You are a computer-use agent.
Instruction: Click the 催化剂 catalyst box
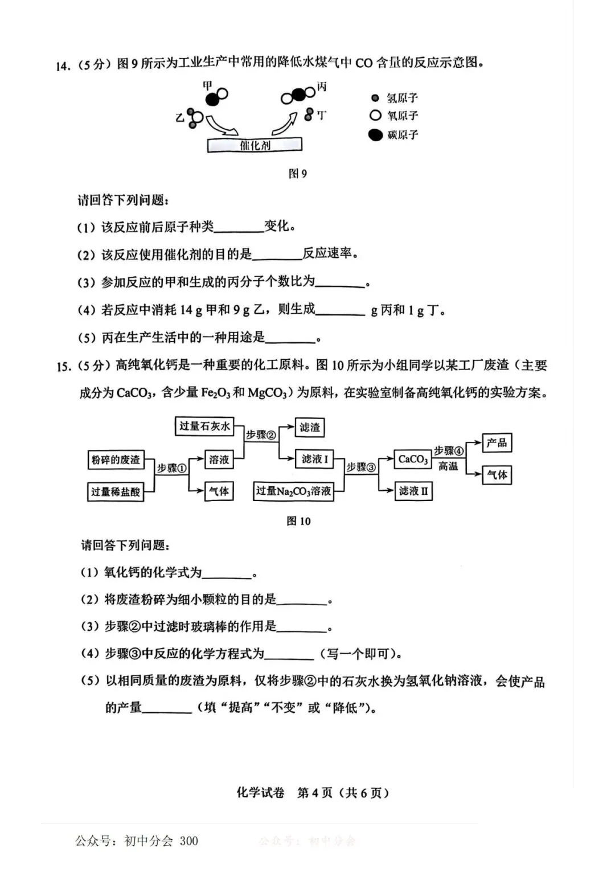[255, 145]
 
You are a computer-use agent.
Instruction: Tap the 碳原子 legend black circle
[375, 135]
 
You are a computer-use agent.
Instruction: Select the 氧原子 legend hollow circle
[375, 116]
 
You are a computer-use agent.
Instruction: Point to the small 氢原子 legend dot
[375, 98]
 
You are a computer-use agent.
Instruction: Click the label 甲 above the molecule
[207, 85]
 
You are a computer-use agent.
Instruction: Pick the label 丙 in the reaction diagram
[322, 87]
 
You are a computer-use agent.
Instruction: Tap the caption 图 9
[297, 174]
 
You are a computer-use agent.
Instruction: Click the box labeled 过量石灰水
[204, 426]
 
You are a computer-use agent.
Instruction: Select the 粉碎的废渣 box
[116, 459]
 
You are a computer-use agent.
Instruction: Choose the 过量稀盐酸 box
[116, 491]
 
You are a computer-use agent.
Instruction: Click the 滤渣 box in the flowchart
[310, 427]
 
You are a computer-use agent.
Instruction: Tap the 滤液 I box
[315, 459]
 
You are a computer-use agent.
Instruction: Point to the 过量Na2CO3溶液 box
[293, 491]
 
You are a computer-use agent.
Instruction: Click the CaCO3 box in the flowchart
[413, 459]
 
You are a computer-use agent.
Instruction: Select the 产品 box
[497, 442]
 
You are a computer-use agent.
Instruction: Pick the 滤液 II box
[413, 491]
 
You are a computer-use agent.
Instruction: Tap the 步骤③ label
[362, 467]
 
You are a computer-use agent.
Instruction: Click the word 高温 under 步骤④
[448, 466]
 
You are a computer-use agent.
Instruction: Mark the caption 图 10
[298, 521]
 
